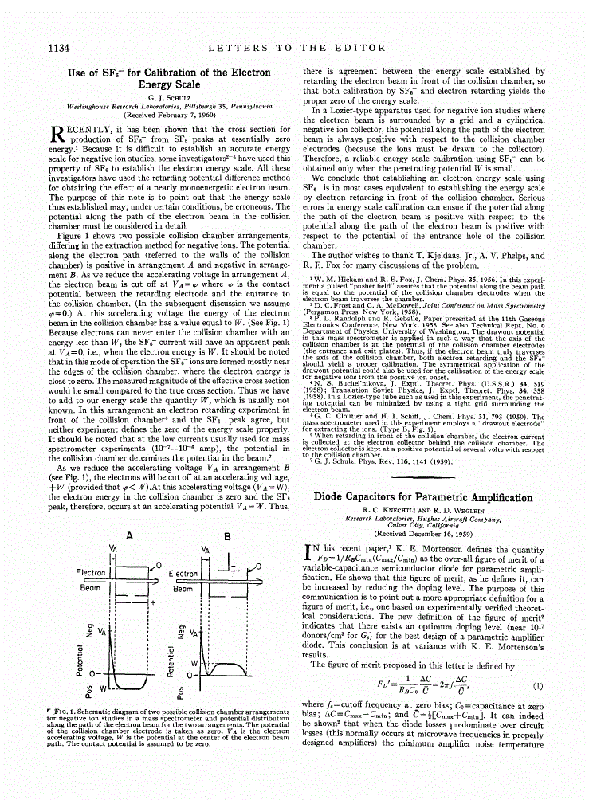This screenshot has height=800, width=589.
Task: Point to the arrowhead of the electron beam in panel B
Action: pos(263,571)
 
